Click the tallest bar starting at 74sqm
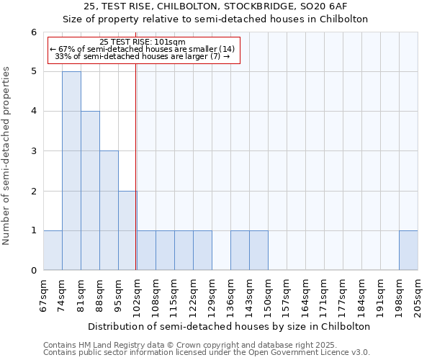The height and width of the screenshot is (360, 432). [71, 171]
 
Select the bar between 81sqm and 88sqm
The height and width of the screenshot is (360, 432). [90, 191]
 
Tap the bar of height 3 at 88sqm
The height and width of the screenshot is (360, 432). [109, 210]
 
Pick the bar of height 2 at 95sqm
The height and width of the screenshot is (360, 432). [127, 230]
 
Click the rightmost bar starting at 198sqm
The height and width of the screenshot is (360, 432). [408, 251]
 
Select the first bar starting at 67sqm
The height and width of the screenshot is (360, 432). [53, 251]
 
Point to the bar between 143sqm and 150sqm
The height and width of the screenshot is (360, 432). [258, 251]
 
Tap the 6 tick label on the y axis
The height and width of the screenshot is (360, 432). [33, 32]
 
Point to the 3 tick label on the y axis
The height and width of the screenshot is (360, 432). [33, 151]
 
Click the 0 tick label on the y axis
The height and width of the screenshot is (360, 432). [33, 271]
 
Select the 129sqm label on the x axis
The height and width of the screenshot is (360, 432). [212, 295]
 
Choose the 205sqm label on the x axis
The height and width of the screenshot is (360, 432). [418, 295]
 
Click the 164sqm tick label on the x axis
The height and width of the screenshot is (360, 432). [305, 295]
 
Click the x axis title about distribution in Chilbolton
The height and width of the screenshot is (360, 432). [230, 326]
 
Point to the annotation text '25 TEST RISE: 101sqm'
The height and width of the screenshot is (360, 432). [143, 42]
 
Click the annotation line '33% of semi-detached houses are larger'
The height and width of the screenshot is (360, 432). [143, 56]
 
